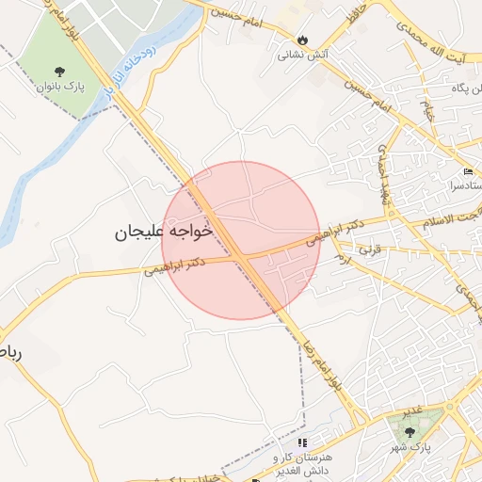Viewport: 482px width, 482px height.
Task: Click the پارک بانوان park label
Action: [x=61, y=88]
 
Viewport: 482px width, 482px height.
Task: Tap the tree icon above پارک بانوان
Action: [x=61, y=72]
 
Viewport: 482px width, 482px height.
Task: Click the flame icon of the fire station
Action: [x=302, y=40]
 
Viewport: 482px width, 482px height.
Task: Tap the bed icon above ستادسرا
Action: [x=470, y=172]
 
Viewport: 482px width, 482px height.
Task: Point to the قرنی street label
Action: [x=373, y=250]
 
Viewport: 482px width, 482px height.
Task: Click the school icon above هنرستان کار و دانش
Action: [x=302, y=442]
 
